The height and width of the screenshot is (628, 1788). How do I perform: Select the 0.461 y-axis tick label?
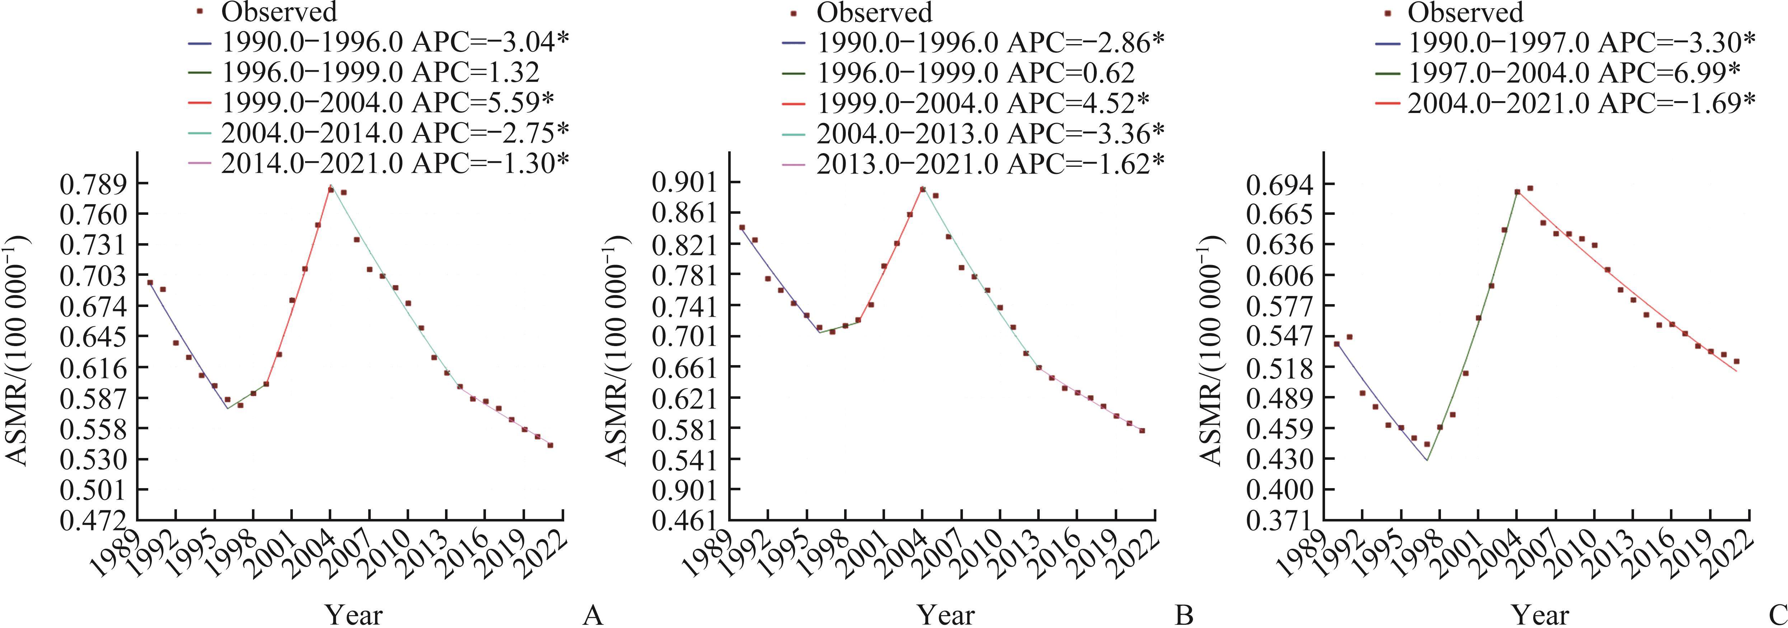click(686, 520)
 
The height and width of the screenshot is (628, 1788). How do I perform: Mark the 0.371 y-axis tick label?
click(1279, 520)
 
